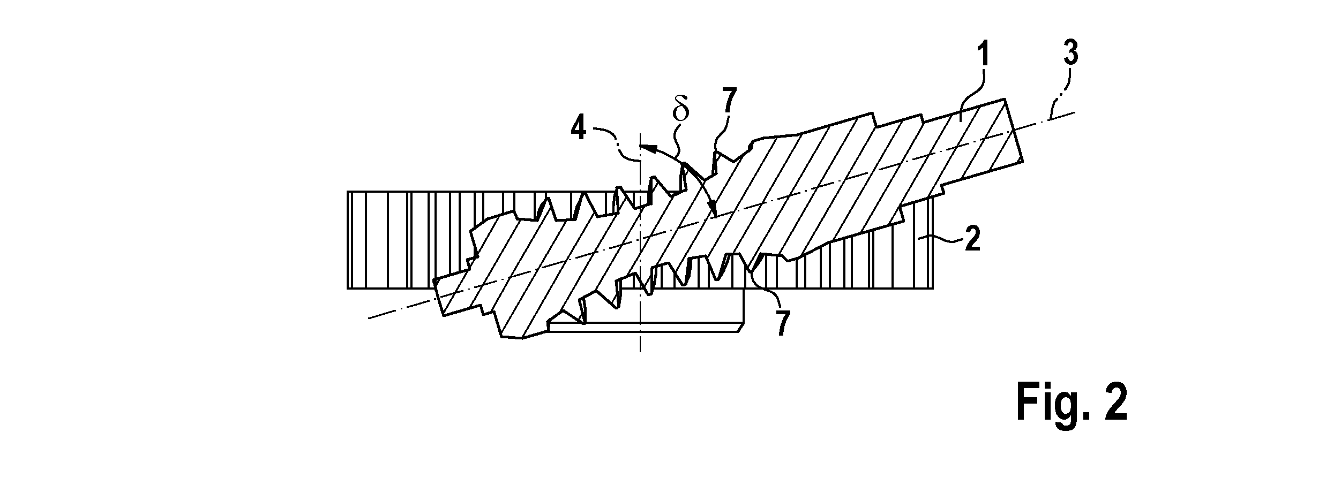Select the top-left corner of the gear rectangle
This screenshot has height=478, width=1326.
click(347, 192)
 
